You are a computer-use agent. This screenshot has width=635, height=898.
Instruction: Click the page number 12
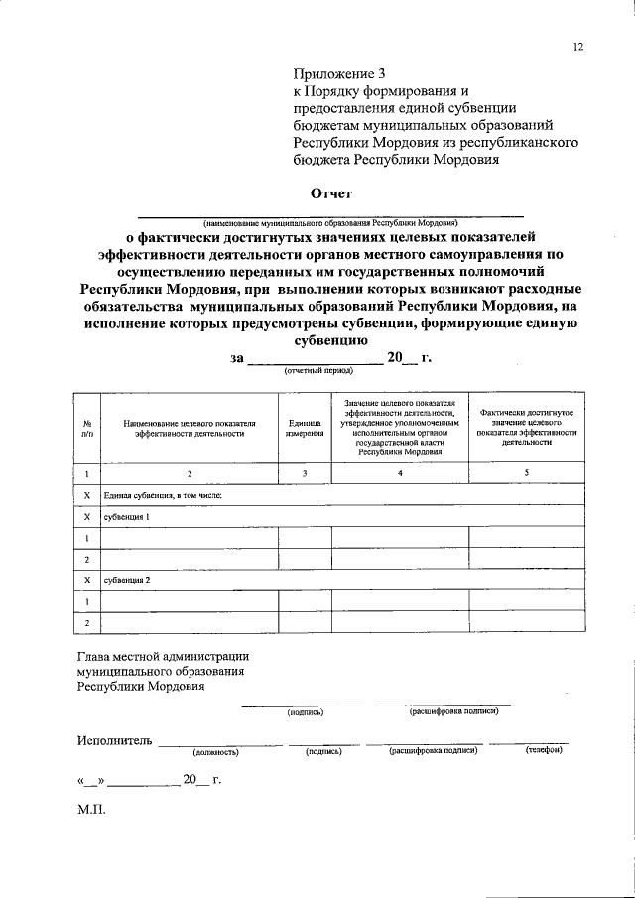[578, 47]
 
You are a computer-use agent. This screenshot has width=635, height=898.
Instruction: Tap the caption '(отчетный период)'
[319, 369]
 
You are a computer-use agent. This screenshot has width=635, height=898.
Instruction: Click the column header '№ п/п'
[87, 428]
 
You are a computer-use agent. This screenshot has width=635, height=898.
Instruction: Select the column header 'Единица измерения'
[306, 428]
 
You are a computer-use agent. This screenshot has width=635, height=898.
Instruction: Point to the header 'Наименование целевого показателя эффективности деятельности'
[190, 428]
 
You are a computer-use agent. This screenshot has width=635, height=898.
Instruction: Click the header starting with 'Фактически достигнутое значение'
[526, 428]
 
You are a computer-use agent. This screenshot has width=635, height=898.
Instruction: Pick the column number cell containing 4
[400, 473]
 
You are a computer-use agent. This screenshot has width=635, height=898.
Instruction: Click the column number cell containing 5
[526, 473]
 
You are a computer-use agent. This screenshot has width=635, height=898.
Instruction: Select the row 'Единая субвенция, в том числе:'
[156, 495]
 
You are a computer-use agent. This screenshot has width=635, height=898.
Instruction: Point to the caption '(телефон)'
[544, 751]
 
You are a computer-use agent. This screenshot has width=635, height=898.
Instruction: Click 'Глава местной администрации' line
[163, 656]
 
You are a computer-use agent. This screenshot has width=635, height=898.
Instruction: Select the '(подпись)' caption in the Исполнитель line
[324, 752]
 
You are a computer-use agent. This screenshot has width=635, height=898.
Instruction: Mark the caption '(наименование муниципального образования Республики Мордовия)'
[329, 224]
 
